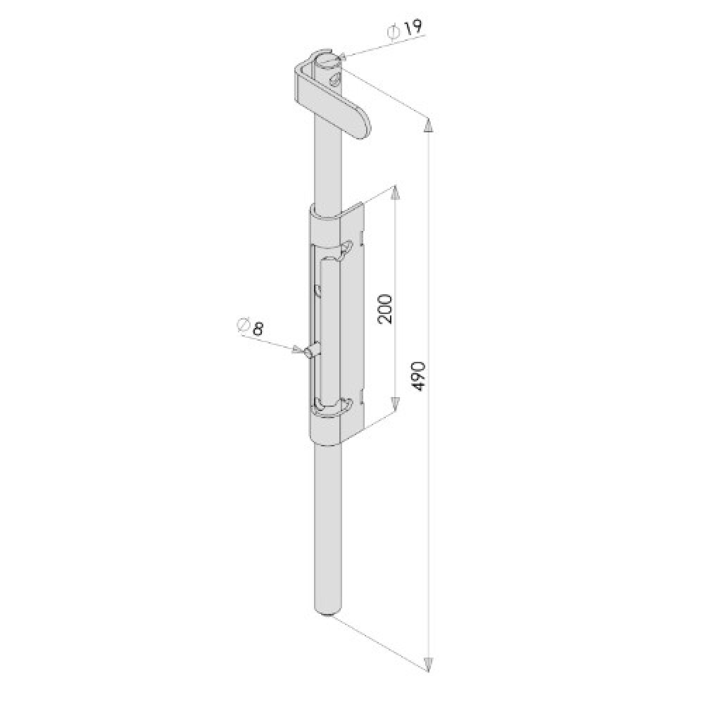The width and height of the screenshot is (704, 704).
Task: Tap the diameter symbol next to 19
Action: (x=394, y=32)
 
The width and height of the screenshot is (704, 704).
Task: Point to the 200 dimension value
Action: (x=384, y=308)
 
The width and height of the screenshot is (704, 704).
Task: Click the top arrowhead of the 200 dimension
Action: (x=395, y=194)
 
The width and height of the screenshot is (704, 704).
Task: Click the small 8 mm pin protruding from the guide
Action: (x=310, y=352)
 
